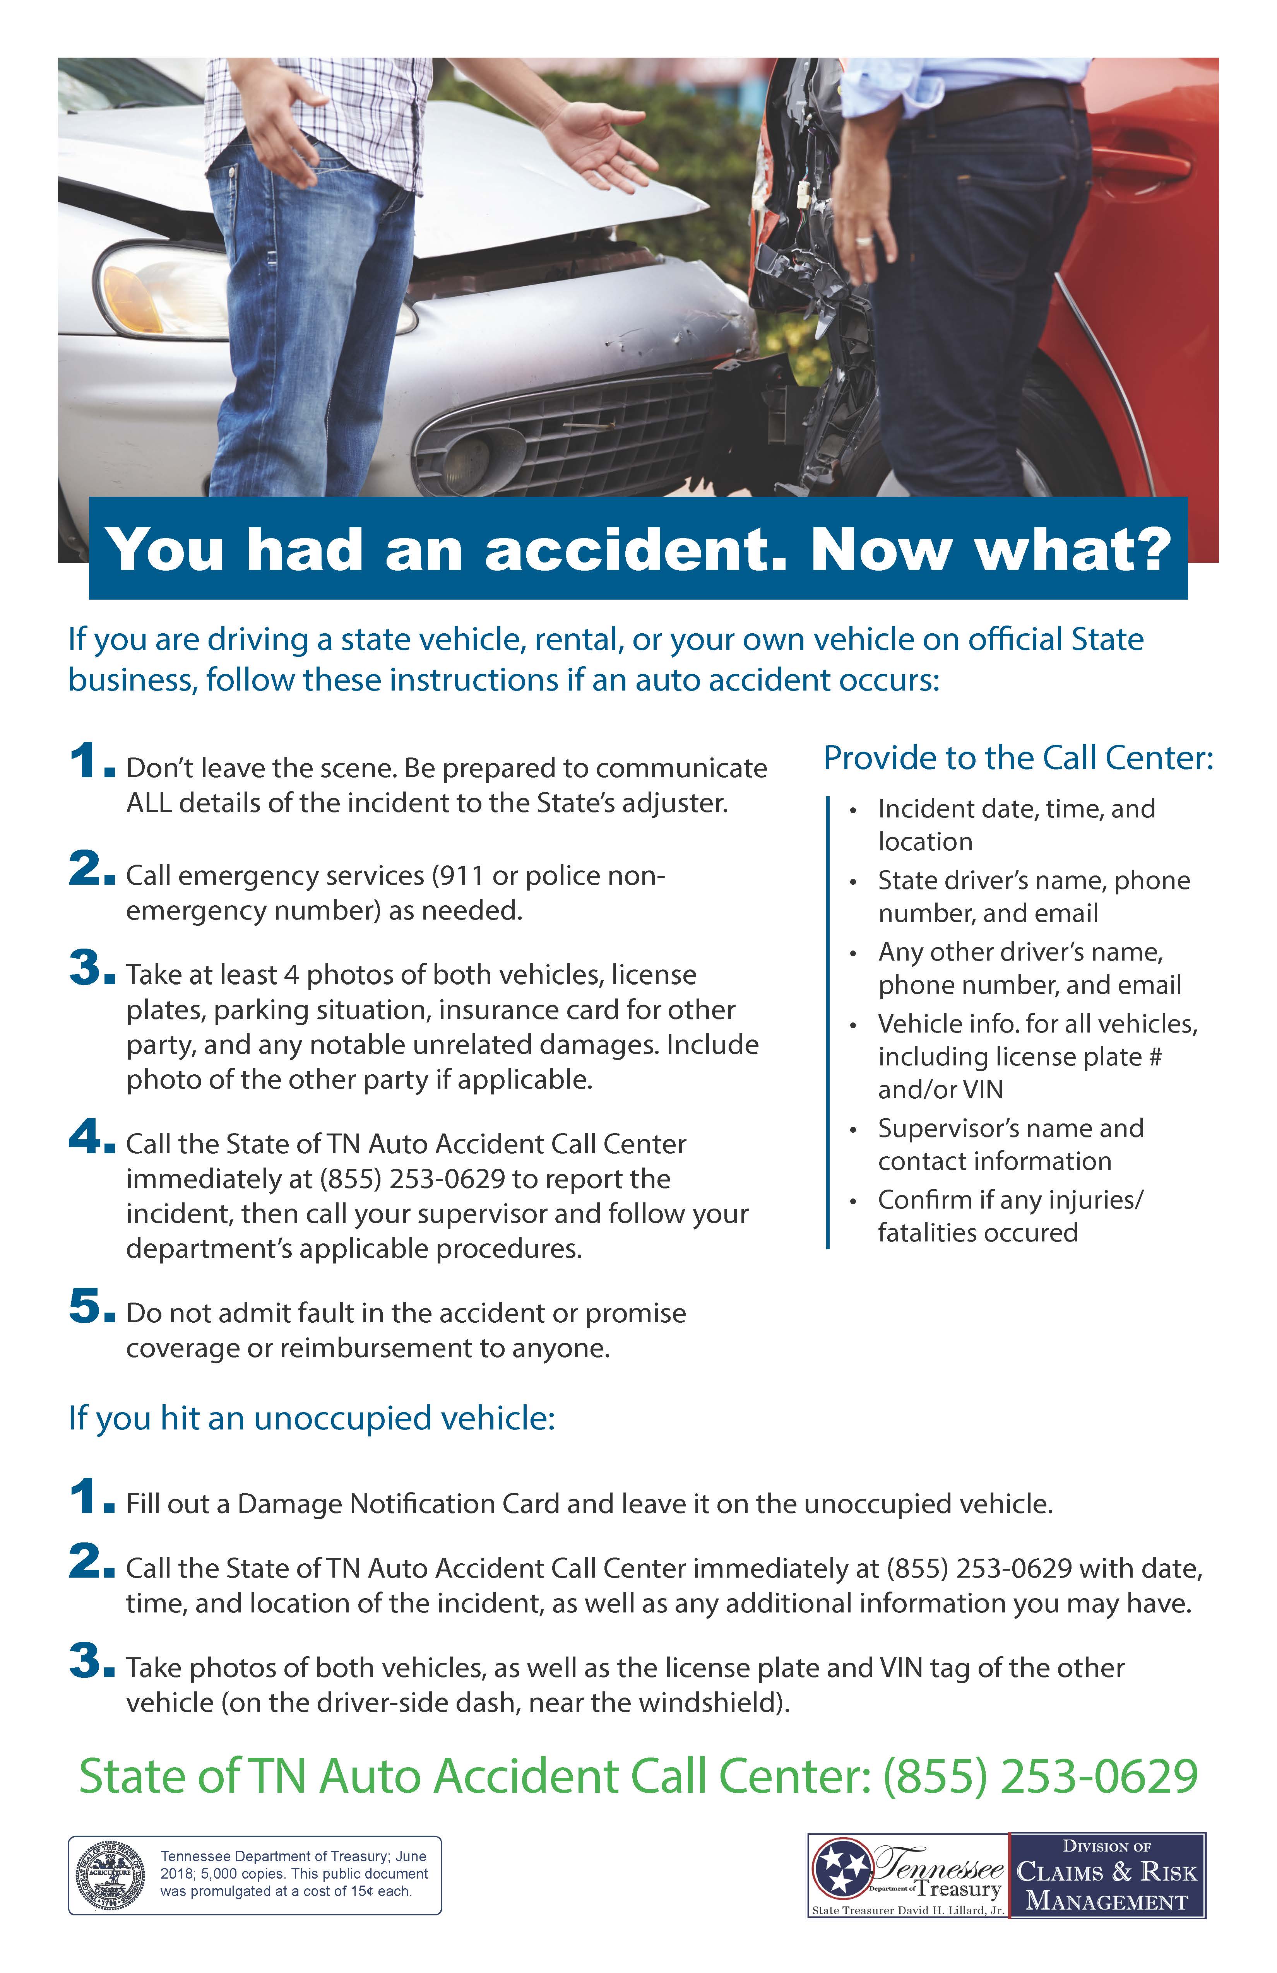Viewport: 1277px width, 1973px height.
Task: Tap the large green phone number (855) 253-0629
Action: (x=1041, y=1776)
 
